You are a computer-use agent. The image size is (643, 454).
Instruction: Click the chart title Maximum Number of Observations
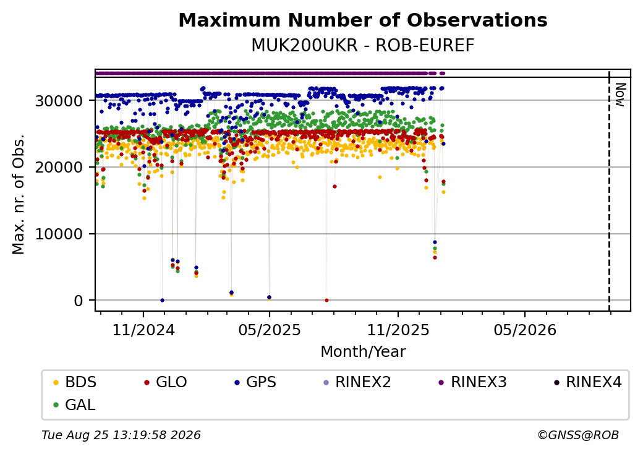363,20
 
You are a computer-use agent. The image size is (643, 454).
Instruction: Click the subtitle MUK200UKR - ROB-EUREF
363,46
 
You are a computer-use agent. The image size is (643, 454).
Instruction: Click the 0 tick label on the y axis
79,301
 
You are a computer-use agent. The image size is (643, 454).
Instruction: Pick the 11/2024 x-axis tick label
143,330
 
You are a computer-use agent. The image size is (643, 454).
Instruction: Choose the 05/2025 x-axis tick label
270,330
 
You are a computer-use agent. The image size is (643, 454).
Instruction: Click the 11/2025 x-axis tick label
398,330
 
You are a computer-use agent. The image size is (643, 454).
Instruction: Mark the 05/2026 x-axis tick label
525,330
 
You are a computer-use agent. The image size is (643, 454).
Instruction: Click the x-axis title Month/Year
363,352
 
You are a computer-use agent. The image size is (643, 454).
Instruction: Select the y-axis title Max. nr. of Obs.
19,194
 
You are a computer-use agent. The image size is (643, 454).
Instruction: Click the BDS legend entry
75,382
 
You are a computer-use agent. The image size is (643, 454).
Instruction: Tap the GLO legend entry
166,382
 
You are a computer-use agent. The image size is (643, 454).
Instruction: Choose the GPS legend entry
255,382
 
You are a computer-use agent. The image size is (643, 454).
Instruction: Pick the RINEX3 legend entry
473,382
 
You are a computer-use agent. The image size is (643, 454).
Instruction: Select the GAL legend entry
75,405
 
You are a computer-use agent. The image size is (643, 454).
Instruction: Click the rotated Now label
621,95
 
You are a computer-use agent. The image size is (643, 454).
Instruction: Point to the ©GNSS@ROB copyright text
578,435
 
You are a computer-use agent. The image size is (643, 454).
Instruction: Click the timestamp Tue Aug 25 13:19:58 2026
121,435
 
